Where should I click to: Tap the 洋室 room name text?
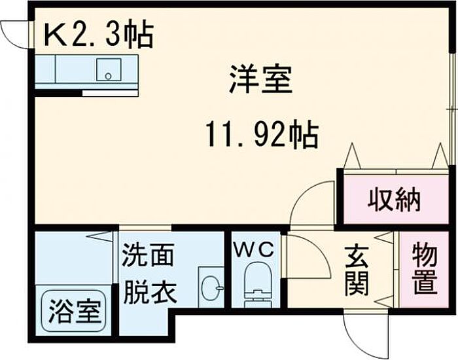coord(260,79)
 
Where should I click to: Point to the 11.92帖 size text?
coord(262,134)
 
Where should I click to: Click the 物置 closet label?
coord(425,270)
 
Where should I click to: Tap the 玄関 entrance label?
coord(356,271)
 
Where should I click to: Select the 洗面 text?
coord(148,255)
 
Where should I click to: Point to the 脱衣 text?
coord(150,292)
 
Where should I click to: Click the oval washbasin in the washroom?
coord(212,288)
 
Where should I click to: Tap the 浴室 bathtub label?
coord(75,311)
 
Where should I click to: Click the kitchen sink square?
coord(109,69)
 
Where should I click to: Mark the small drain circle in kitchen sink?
coord(109,77)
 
